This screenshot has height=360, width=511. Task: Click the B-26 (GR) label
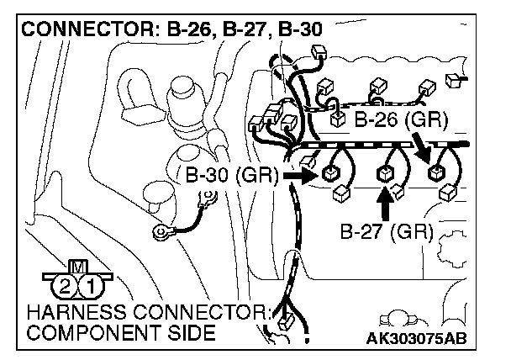[x=400, y=119]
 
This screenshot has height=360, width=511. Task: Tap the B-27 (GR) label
[x=387, y=231]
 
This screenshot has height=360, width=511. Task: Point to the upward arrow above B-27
[x=386, y=204]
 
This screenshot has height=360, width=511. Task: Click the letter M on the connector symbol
[x=75, y=267]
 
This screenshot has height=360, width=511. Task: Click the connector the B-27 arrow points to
[x=386, y=174]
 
